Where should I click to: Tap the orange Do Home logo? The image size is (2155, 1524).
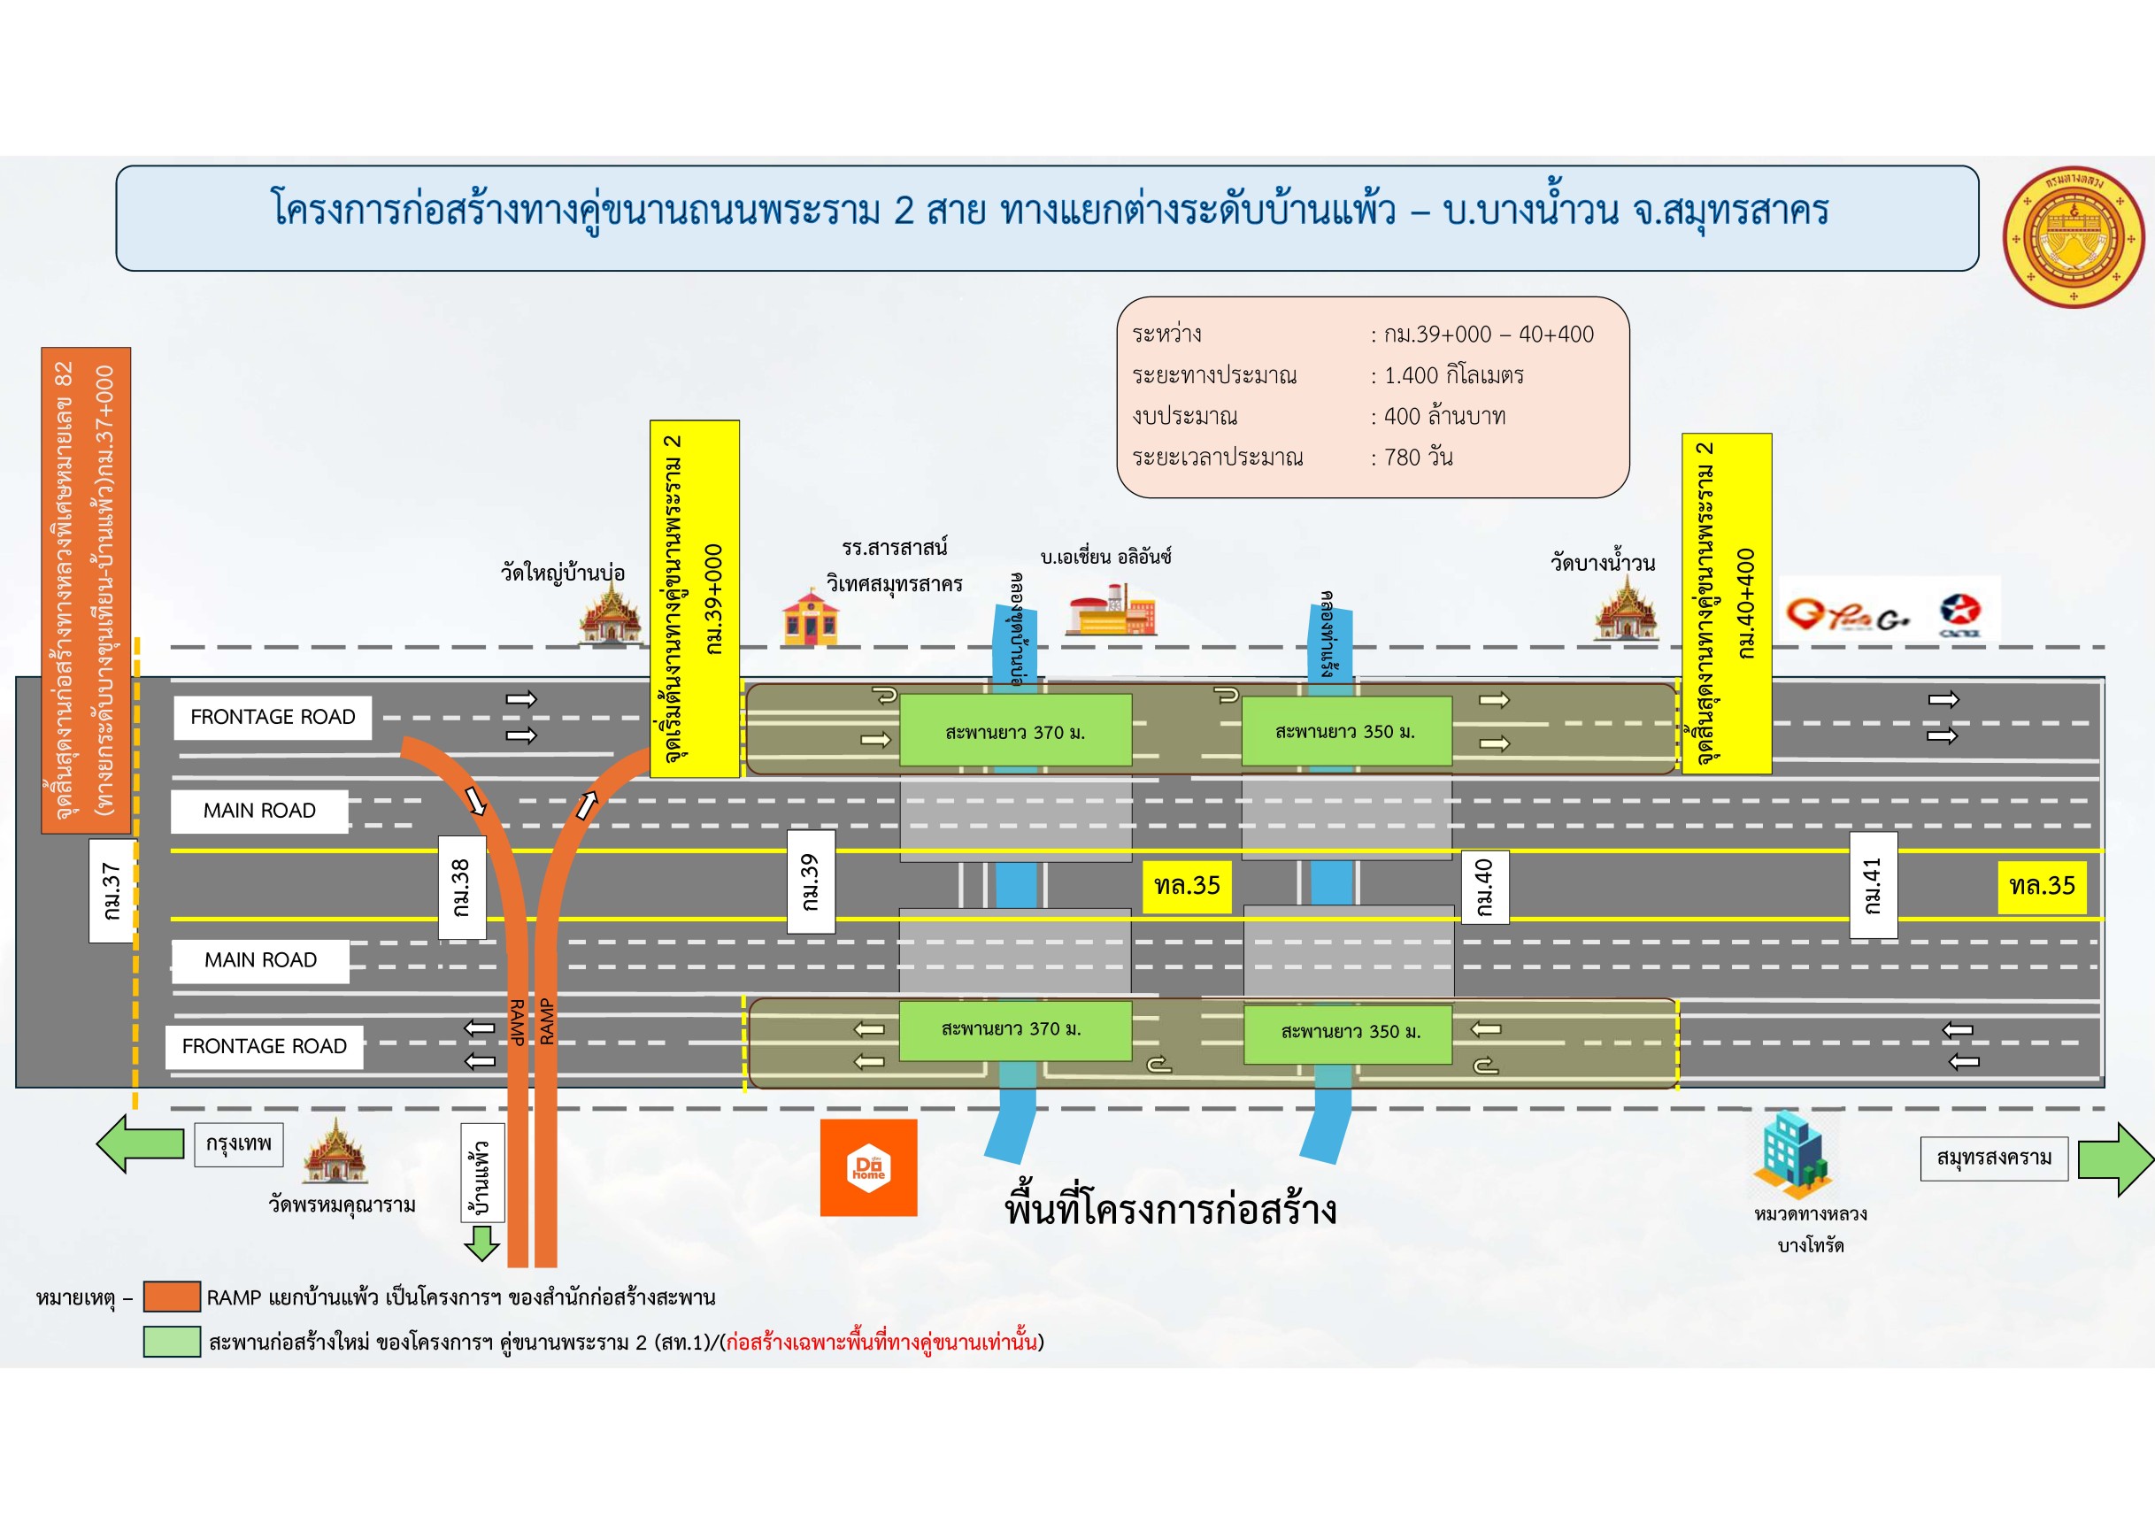click(868, 1167)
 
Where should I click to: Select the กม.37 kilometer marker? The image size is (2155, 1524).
click(112, 890)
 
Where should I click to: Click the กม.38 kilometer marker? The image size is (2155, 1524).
click(462, 887)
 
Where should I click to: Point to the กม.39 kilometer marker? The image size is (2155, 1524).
click(810, 881)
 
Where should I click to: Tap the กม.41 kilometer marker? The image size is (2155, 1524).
click(1873, 885)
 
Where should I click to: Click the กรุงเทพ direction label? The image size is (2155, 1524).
click(238, 1144)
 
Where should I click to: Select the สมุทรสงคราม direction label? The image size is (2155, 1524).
click(1994, 1158)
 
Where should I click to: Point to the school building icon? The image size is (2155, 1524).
click(809, 617)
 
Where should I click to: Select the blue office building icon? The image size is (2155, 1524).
click(1793, 1153)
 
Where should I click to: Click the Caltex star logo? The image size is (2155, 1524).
click(1959, 613)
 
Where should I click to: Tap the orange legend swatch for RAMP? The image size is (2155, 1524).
click(172, 1296)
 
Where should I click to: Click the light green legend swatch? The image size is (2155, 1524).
click(172, 1341)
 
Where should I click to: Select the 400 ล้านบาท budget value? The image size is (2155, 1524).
click(1444, 416)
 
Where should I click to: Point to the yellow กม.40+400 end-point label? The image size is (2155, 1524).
click(1726, 603)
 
